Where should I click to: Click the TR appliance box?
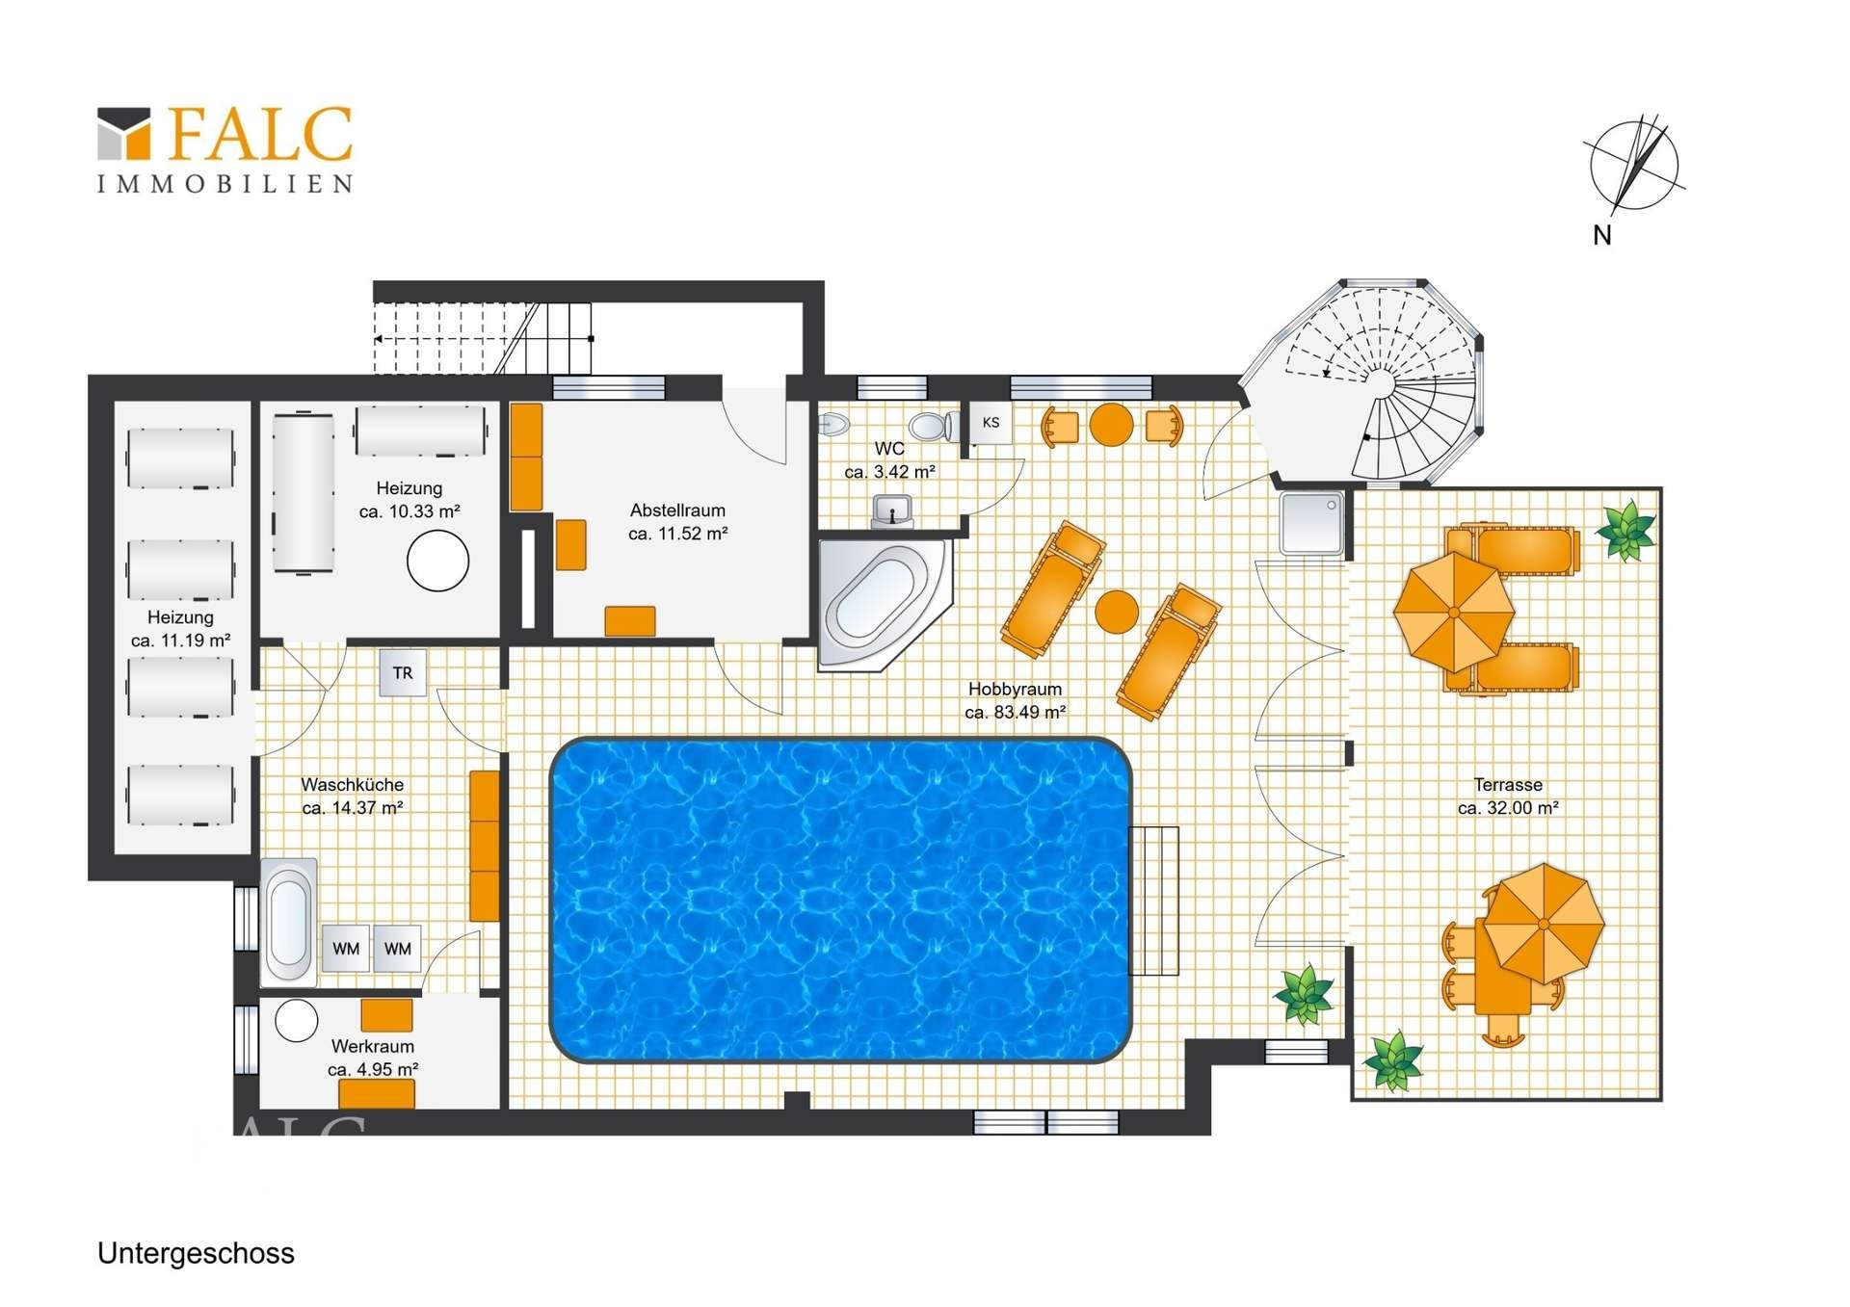pos(403,673)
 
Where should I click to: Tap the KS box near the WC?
pos(991,423)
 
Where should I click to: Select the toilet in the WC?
pos(933,426)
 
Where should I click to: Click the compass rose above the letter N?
pos(1634,165)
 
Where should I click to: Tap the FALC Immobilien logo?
pos(225,149)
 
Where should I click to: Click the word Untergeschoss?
pos(196,1254)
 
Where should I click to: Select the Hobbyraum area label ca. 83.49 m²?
pos(1015,713)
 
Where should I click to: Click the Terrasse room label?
pos(1508,785)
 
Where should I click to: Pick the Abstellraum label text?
pos(677,510)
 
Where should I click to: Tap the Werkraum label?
pos(373,1046)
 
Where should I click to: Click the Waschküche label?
pos(353,785)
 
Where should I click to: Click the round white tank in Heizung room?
pos(437,560)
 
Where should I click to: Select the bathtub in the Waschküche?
pos(288,921)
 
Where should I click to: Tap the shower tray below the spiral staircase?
pos(1311,523)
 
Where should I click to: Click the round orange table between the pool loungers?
pos(1117,612)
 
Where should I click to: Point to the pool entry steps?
pos(1153,901)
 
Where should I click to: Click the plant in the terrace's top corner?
pos(1626,530)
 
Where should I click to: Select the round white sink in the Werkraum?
pos(297,1021)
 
